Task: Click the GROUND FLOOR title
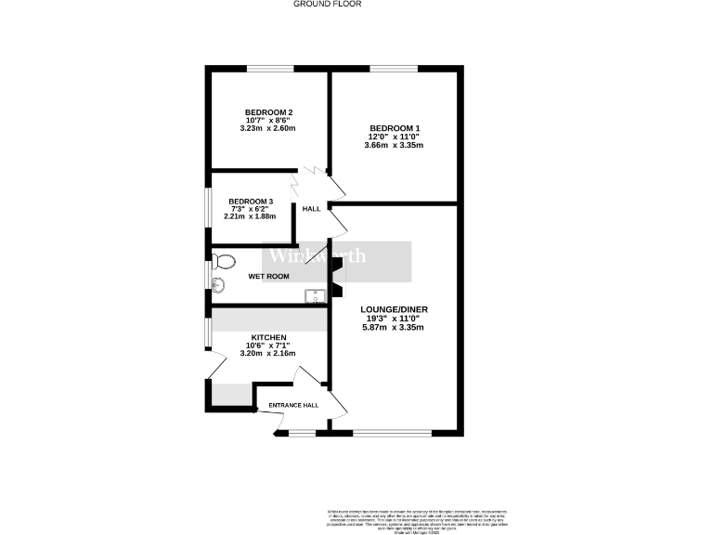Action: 327,4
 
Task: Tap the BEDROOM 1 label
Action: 395,128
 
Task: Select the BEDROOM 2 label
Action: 270,112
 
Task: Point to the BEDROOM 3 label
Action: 251,202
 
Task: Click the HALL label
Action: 311,209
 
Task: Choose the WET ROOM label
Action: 268,277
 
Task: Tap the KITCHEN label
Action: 268,337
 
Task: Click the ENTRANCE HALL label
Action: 293,405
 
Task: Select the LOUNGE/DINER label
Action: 395,309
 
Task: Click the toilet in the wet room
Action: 221,260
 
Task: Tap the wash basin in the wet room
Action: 219,285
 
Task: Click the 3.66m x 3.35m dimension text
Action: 395,146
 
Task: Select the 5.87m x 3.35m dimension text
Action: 395,327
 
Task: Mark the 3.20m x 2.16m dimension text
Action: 268,354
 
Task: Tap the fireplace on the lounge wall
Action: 338,274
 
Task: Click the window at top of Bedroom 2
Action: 270,68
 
